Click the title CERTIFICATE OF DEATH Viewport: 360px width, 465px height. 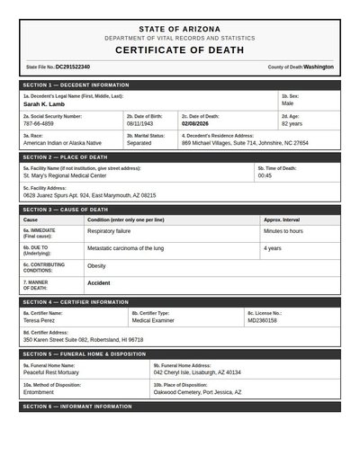point(179,50)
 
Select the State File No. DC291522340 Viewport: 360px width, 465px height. point(73,67)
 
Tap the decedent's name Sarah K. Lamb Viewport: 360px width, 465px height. point(45,104)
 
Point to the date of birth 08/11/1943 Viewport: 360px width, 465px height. point(142,123)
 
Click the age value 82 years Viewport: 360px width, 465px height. point(292,123)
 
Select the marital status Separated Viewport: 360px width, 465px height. point(139,143)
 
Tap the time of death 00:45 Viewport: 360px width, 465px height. point(265,175)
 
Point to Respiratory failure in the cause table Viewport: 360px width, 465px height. point(114,231)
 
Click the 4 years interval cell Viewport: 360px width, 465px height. point(273,248)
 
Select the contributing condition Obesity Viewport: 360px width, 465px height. point(96,266)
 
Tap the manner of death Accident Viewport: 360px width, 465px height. point(99,283)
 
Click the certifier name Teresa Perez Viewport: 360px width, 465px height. point(40,320)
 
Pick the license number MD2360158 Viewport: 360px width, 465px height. point(263,320)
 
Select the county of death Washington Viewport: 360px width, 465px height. point(319,67)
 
